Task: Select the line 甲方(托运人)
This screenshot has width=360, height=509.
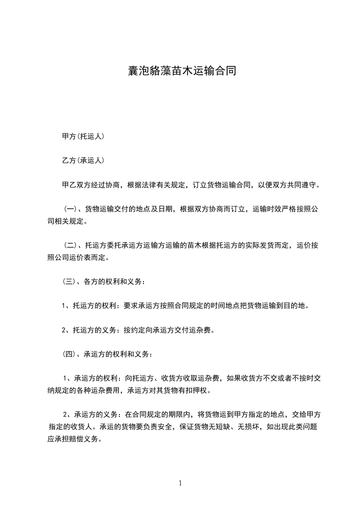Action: click(x=83, y=136)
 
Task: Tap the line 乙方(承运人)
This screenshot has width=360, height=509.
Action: click(x=83, y=161)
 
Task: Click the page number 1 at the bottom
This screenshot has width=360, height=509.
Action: click(x=180, y=483)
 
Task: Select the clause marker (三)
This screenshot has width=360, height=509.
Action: click(x=69, y=281)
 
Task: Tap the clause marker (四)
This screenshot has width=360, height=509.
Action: click(x=69, y=354)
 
